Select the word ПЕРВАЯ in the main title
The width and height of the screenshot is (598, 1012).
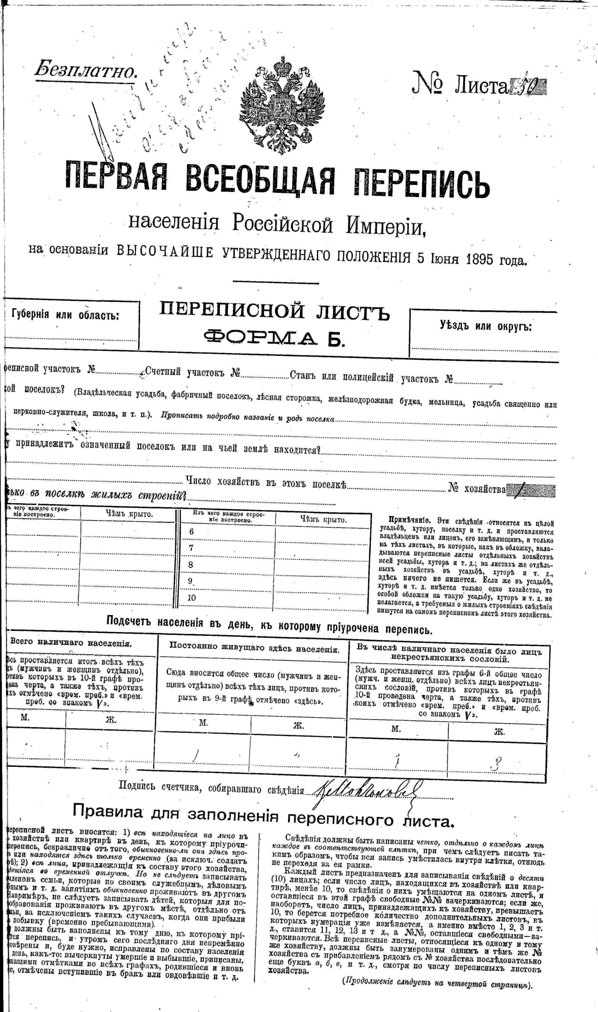point(116,177)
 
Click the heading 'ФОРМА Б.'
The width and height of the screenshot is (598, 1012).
point(274,338)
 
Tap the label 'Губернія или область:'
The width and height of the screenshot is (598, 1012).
point(65,315)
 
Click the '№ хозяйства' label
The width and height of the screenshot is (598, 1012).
point(477,489)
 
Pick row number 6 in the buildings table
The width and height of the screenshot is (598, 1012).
point(191,532)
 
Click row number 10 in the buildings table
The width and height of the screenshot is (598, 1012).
point(192,598)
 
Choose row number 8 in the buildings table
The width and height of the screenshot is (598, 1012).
point(191,565)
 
